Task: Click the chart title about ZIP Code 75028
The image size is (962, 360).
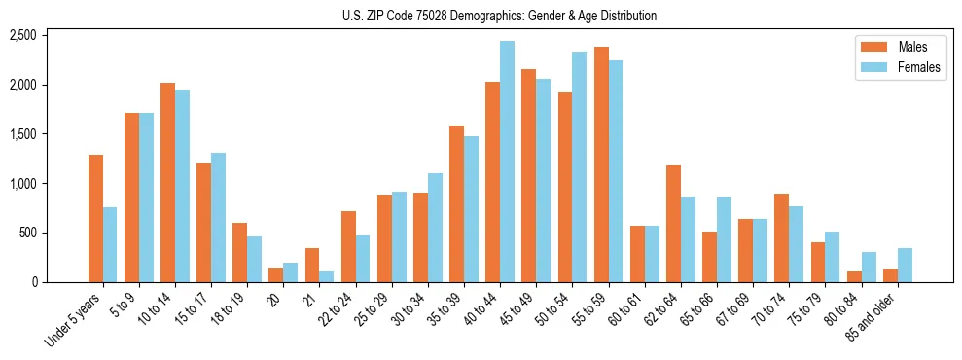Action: [x=499, y=16]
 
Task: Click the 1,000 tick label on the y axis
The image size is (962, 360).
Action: [x=22, y=183]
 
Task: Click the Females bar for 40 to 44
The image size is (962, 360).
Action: [x=507, y=162]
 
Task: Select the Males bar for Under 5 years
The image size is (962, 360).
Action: [x=95, y=218]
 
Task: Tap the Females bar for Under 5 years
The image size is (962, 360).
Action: [x=110, y=244]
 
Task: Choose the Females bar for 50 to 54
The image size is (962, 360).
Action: [x=579, y=166]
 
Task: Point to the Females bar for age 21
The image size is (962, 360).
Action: [x=326, y=276]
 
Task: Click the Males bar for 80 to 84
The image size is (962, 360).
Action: [x=854, y=276]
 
